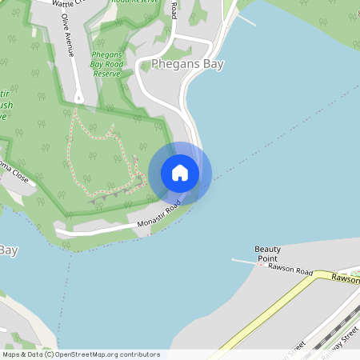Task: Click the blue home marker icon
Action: point(180,173)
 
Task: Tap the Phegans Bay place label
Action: point(187,64)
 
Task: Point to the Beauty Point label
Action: point(268,254)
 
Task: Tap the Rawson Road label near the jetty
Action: point(290,270)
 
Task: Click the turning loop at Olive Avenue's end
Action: point(78,98)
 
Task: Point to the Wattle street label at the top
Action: point(67,4)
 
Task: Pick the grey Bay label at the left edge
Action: point(8,250)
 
